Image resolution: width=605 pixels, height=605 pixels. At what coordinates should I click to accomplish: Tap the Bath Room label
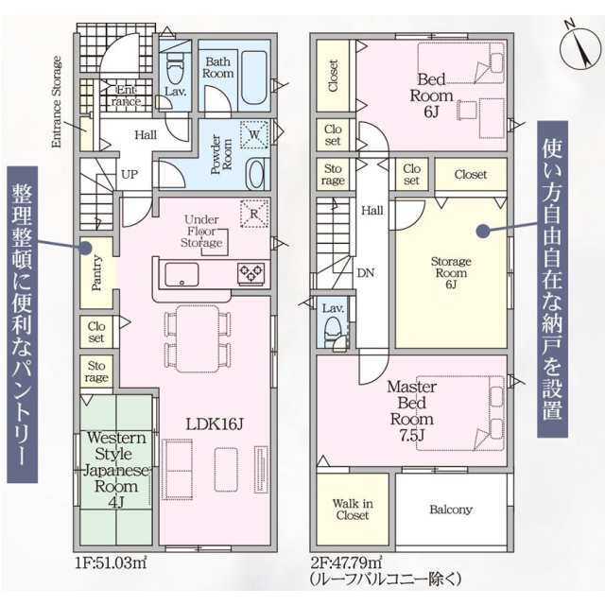point(218,67)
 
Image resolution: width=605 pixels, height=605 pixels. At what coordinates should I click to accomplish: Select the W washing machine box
point(254,134)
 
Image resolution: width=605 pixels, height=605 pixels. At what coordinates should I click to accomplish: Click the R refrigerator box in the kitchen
point(254,214)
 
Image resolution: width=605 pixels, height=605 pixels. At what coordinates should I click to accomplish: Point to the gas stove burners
point(251,273)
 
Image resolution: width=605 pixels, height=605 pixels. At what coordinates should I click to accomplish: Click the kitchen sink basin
point(181,274)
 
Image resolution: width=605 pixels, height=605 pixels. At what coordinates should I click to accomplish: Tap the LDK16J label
point(215,424)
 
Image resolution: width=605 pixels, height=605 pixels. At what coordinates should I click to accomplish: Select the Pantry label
point(96,273)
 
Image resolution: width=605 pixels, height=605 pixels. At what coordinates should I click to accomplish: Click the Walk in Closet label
point(353,510)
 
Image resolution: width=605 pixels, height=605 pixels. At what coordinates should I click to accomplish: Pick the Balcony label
point(451,510)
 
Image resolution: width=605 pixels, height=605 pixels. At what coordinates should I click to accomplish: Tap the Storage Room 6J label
point(451,273)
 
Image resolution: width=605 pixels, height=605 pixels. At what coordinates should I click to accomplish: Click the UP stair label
point(130,174)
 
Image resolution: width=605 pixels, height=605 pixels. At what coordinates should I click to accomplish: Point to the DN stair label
point(366,273)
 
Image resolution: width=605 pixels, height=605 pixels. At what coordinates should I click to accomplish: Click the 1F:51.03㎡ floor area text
point(112,563)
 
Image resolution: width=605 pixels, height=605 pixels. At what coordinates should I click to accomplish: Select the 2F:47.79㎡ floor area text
point(347,562)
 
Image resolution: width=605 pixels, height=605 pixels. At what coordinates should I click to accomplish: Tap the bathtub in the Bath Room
point(253,78)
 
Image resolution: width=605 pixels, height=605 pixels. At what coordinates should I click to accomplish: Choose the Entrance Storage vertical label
point(57,102)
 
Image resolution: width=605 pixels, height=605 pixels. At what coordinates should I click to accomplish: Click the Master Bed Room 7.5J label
point(412,411)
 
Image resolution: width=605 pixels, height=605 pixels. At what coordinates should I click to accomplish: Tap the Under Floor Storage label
point(201,231)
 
